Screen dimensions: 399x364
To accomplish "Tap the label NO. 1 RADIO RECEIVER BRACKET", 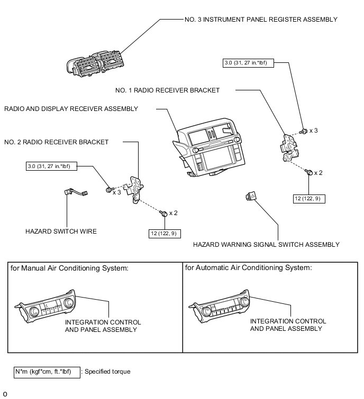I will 167,90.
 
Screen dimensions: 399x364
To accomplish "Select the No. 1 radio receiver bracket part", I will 290,145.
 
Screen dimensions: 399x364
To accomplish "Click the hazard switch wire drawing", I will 75,194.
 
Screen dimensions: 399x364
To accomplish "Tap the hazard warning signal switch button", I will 251,197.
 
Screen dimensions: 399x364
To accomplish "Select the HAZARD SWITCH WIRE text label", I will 61,231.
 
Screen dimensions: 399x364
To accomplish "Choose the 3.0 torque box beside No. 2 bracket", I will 52,166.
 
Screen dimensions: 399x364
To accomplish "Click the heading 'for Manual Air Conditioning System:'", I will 69,268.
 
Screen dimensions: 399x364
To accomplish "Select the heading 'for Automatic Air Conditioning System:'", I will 248,267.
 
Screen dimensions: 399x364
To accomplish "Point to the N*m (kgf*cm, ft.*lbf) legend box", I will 47,372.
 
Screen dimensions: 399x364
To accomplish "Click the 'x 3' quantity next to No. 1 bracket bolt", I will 314,130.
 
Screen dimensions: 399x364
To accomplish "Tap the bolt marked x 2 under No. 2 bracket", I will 164,212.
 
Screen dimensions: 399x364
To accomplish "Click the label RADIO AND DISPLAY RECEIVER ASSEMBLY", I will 71,109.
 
